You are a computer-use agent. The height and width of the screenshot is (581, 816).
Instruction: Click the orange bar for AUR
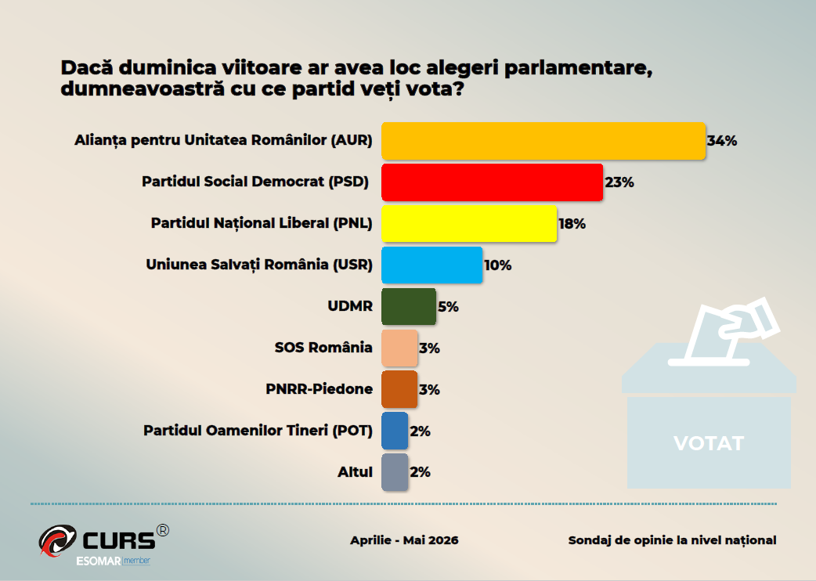pos(543,141)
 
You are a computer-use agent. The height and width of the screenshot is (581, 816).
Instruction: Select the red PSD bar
pos(493,182)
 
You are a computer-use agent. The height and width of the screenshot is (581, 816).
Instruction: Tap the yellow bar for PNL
pos(469,224)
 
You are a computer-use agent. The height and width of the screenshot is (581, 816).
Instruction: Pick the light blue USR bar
pos(432,265)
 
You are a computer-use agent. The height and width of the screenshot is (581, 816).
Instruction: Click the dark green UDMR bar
pos(409,306)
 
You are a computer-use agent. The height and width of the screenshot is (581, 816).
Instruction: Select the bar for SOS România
pos(399,348)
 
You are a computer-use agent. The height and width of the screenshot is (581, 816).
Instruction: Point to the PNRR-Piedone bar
pos(399,389)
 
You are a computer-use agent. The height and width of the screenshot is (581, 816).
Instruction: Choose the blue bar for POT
pos(395,431)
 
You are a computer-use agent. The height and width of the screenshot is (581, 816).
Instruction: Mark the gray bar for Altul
pos(395,472)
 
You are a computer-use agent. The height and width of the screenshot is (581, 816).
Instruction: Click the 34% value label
pos(722,141)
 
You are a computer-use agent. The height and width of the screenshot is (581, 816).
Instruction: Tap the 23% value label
pos(619,182)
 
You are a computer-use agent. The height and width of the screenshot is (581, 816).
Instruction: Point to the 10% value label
pos(498,265)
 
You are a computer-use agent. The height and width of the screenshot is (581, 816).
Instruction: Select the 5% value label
pos(448,307)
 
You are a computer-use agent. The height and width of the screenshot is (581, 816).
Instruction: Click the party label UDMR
pos(350,306)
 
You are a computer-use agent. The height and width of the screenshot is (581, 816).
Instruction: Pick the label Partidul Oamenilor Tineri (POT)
pos(258,431)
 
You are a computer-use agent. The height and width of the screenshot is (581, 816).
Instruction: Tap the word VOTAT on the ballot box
pos(709,444)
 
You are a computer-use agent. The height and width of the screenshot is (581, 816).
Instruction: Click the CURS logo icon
pos(58,540)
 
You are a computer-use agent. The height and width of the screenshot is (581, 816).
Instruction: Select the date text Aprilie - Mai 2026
pos(404,540)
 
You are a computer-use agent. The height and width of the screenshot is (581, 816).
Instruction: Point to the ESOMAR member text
pos(114,561)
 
